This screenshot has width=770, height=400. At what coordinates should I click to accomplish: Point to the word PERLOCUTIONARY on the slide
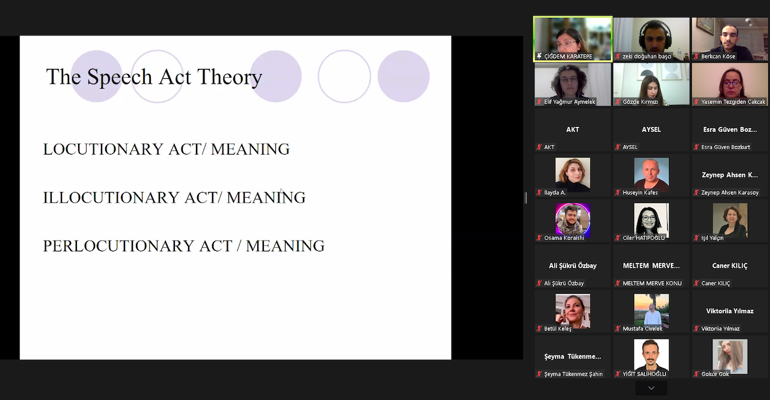point(119,246)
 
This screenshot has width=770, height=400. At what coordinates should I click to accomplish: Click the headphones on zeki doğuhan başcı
point(654,34)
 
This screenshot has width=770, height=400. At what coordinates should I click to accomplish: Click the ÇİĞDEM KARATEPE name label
point(568,56)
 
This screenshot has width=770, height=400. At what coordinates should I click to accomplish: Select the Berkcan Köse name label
point(718,56)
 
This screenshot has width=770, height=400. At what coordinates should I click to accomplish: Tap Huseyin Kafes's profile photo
point(652,174)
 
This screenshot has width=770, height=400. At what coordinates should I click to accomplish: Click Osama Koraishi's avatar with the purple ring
point(573,220)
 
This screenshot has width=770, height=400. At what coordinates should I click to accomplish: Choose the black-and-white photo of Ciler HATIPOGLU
point(652,220)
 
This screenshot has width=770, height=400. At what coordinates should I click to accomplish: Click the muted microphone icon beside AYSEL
point(618,147)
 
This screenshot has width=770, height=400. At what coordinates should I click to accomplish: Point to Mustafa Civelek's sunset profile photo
point(652,309)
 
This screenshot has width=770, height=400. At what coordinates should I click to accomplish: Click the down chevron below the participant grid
point(651,388)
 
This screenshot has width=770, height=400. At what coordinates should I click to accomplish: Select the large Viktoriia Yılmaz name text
point(730,311)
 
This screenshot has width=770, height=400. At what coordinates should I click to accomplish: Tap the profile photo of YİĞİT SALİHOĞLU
point(652,355)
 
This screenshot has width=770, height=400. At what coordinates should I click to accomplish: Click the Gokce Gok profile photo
point(730,356)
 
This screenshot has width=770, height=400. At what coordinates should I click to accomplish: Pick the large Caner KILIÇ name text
point(730,265)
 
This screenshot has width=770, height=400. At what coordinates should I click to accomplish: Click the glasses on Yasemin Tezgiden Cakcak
point(731,83)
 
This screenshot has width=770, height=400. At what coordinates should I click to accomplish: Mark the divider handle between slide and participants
point(525,198)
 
